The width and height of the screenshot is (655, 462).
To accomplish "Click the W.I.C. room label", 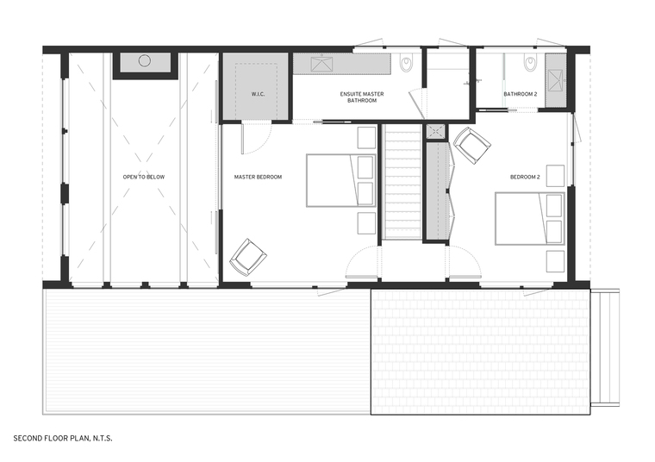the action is [x=258, y=95].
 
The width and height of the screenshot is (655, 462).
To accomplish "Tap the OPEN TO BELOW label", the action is [x=144, y=177].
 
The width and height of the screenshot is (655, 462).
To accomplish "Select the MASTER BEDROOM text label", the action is [x=258, y=177].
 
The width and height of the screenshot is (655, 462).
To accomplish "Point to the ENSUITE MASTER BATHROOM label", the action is [x=362, y=97].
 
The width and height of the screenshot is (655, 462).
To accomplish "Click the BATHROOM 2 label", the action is [x=520, y=95].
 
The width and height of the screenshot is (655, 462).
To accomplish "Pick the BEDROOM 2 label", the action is [x=525, y=177].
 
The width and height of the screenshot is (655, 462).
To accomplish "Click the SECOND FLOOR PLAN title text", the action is [x=63, y=438].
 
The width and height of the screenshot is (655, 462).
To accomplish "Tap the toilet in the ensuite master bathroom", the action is [x=406, y=63].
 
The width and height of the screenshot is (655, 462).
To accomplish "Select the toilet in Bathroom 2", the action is [x=531, y=63].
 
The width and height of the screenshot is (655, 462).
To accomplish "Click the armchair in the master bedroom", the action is [x=248, y=257].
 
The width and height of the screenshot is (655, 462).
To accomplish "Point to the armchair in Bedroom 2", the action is [x=472, y=146].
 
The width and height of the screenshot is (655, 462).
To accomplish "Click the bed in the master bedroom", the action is [x=341, y=180].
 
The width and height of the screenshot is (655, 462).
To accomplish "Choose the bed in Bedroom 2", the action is [x=530, y=218].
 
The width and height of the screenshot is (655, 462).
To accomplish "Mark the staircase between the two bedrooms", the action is [x=402, y=182].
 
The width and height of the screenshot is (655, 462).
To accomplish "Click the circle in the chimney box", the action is [x=145, y=61].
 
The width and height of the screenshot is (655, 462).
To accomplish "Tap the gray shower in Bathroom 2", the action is [x=556, y=80].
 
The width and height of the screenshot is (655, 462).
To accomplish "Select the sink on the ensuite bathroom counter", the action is [x=321, y=64].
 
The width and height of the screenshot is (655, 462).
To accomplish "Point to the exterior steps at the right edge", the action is [x=605, y=347].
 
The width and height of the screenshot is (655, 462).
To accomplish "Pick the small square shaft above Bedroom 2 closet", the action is [x=435, y=132].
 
